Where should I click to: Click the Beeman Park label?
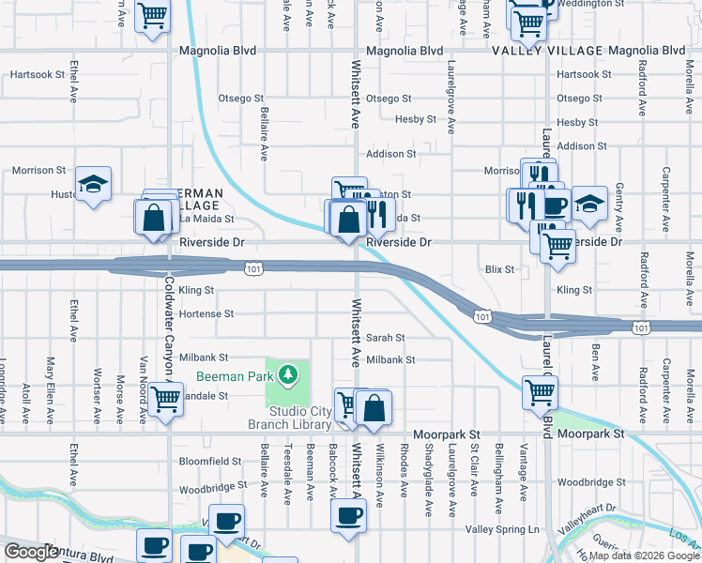click(234, 377)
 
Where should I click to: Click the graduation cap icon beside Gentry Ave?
click(588, 203)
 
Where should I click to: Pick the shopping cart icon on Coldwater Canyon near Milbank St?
click(166, 399)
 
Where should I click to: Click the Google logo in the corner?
click(32, 553)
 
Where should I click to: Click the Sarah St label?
click(385, 338)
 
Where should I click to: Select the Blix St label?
click(500, 269)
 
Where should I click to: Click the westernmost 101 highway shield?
click(252, 270)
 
